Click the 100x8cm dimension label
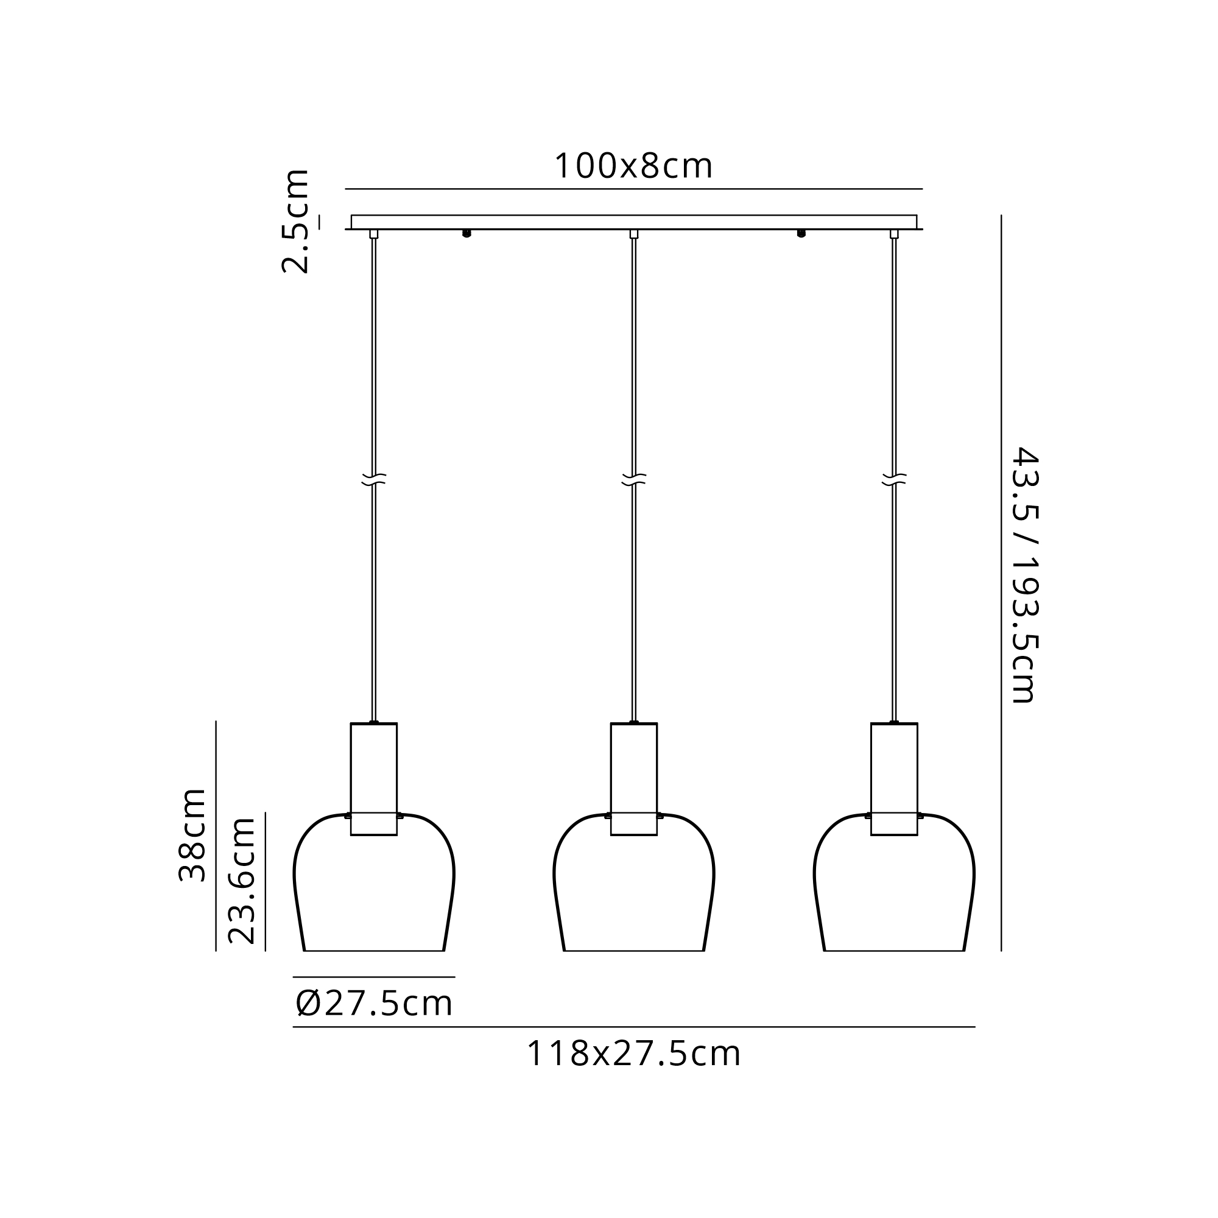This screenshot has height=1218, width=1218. [633, 166]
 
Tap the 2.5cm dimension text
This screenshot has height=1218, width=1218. [295, 221]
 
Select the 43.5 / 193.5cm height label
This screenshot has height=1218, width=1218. [1024, 574]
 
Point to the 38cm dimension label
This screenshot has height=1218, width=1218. [192, 834]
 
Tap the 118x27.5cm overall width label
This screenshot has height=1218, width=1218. [633, 1054]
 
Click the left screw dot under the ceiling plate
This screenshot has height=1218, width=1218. [466, 233]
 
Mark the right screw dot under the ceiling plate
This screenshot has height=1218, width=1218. [801, 233]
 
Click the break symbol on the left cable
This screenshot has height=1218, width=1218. [374, 479]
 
